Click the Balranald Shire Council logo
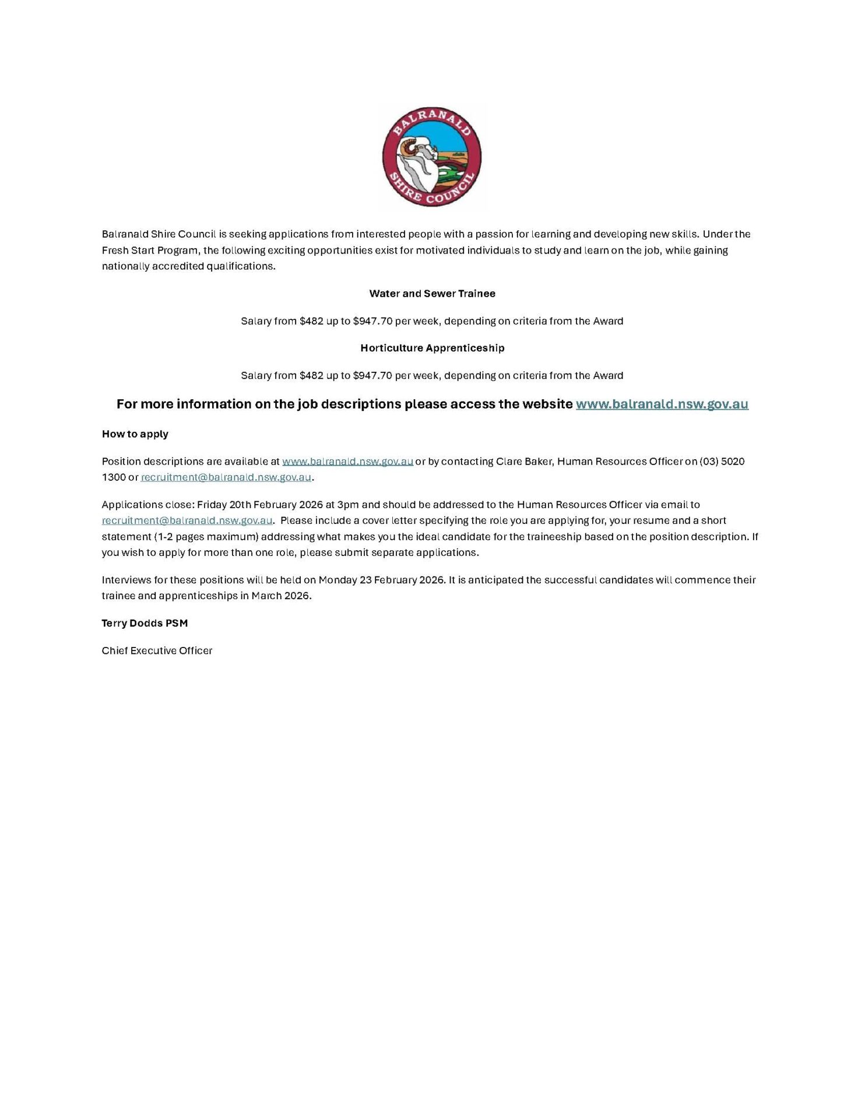[432, 156]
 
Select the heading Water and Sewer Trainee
[432, 293]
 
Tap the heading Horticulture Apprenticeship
[432, 348]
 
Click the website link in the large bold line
[662, 404]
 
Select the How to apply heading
[135, 434]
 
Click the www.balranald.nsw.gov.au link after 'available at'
[347, 461]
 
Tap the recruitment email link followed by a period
[226, 477]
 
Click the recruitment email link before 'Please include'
[187, 520]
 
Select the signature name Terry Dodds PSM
[145, 623]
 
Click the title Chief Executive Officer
[157, 650]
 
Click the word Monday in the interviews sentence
[337, 580]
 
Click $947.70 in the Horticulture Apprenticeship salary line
[372, 375]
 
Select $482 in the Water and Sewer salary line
[311, 321]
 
